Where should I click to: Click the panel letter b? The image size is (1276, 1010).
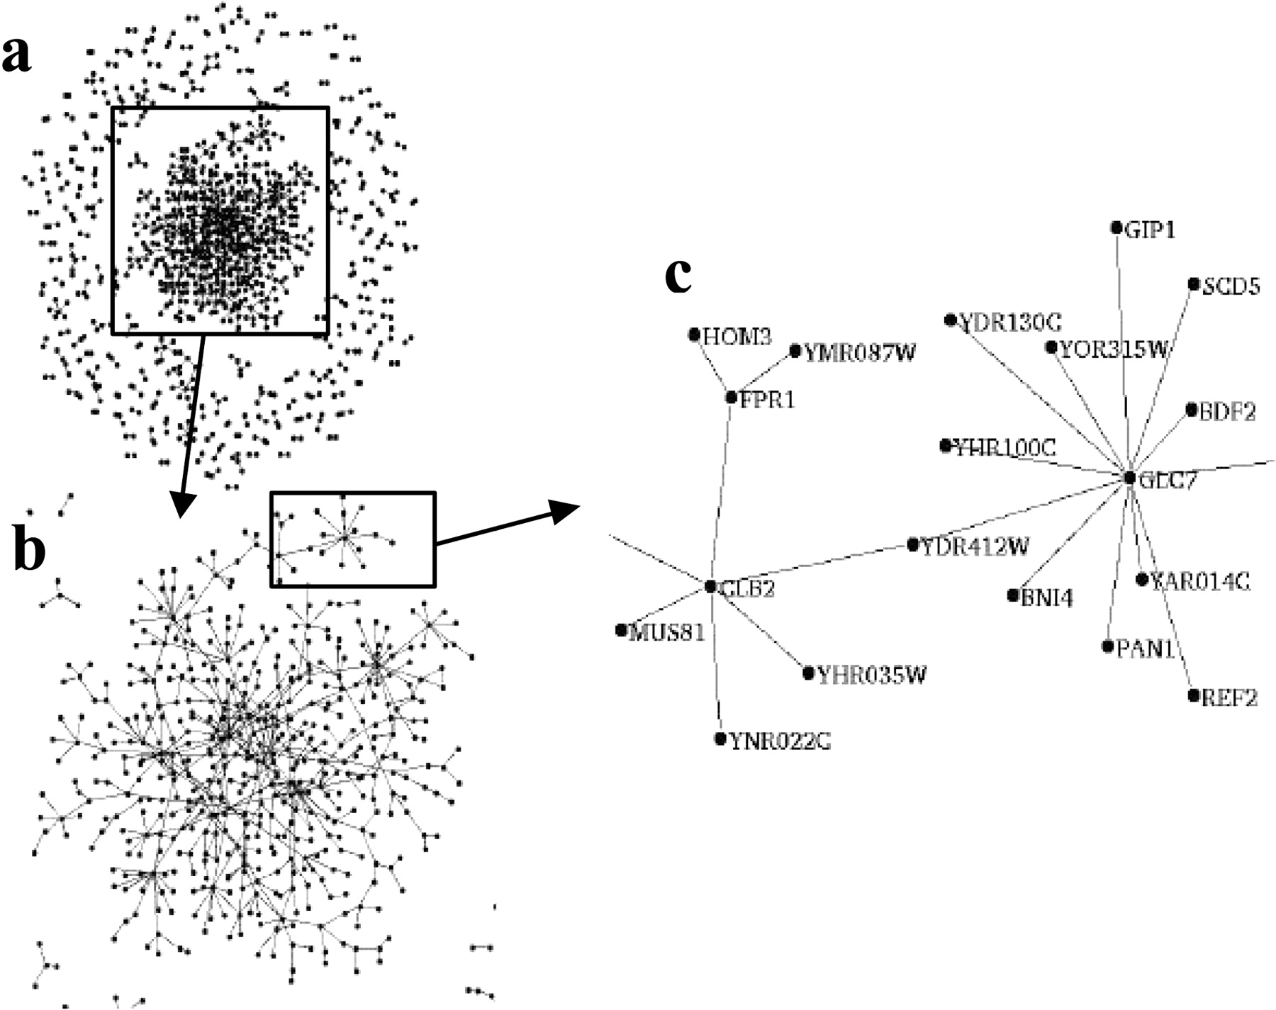point(30,551)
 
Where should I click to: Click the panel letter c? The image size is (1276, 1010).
point(678,275)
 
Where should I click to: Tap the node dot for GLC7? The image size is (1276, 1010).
point(1130,478)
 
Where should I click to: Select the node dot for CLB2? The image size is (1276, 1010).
point(711,586)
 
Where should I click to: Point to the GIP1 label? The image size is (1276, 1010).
point(1150,230)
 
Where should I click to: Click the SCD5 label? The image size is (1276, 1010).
point(1231,286)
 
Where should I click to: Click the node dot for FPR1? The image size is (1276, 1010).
point(732,398)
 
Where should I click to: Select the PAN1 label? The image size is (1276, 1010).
point(1146,648)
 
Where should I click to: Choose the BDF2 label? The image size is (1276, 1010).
point(1227,412)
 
